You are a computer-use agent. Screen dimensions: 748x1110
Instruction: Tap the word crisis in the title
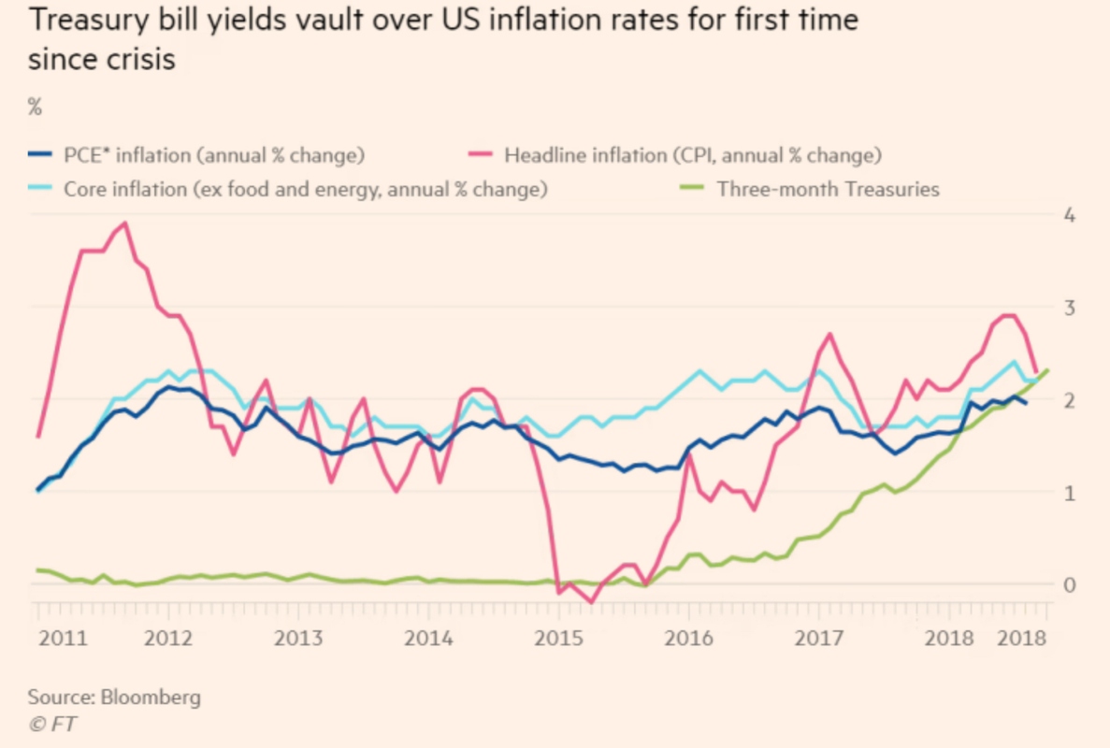139,61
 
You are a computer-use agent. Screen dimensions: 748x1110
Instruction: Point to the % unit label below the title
35,107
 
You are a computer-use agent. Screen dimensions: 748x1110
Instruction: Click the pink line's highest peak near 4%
125,223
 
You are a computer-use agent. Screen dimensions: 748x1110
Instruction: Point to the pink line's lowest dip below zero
591,602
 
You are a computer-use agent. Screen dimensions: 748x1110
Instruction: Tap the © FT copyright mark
50,723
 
